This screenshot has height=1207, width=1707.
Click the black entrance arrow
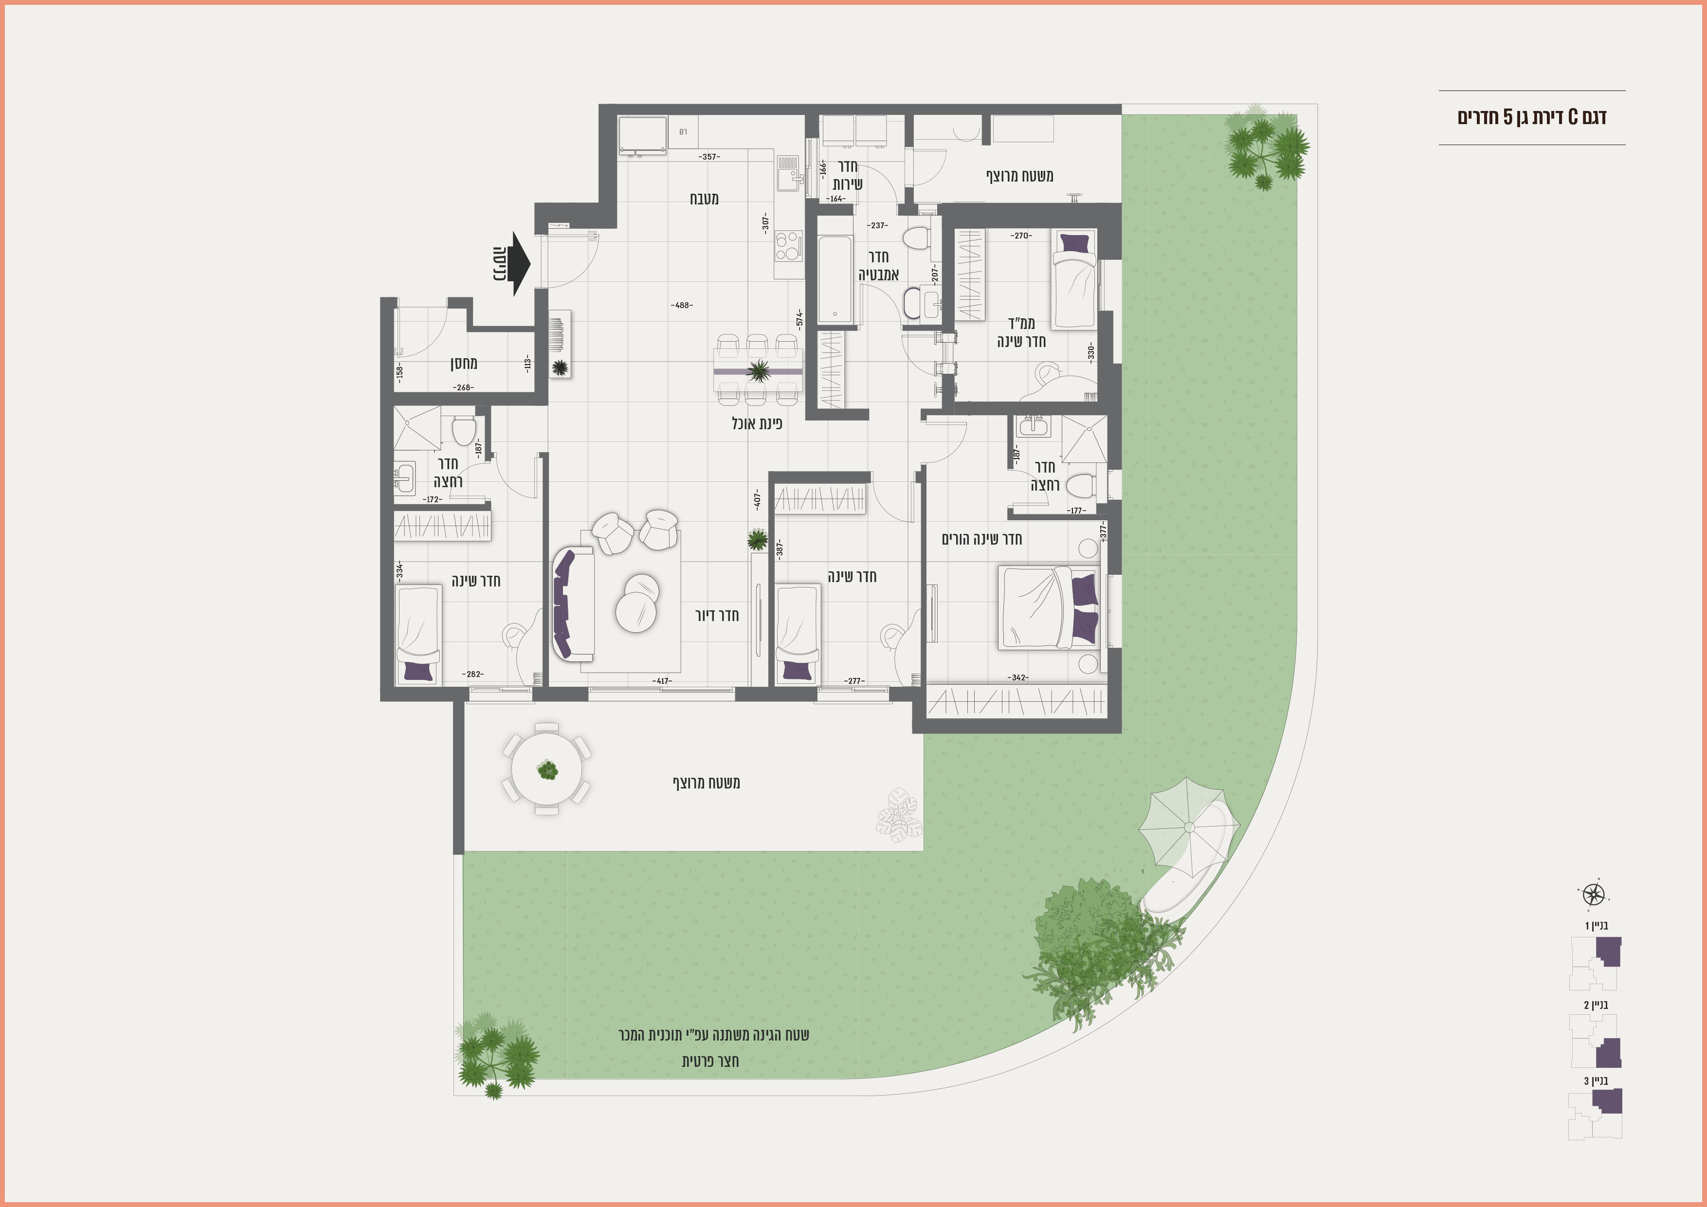coord(521,264)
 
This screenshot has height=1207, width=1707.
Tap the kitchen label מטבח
coord(704,199)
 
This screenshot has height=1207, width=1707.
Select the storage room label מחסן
coord(463,363)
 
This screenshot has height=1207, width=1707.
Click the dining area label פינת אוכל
coord(757,423)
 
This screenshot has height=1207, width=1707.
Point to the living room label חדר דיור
coord(717,615)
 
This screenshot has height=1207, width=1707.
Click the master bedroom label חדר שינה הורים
coord(981,538)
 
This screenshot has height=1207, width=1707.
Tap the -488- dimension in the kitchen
coord(681,305)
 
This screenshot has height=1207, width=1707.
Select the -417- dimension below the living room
coord(662,680)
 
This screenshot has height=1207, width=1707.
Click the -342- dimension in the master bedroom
coord(1018,677)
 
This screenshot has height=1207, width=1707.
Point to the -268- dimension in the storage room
coord(463,387)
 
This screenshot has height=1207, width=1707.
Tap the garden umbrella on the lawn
coord(1189,827)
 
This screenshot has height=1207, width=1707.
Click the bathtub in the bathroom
coord(835,280)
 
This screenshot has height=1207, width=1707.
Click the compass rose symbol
coord(1593,894)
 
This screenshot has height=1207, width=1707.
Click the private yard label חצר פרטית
coord(710,1061)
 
